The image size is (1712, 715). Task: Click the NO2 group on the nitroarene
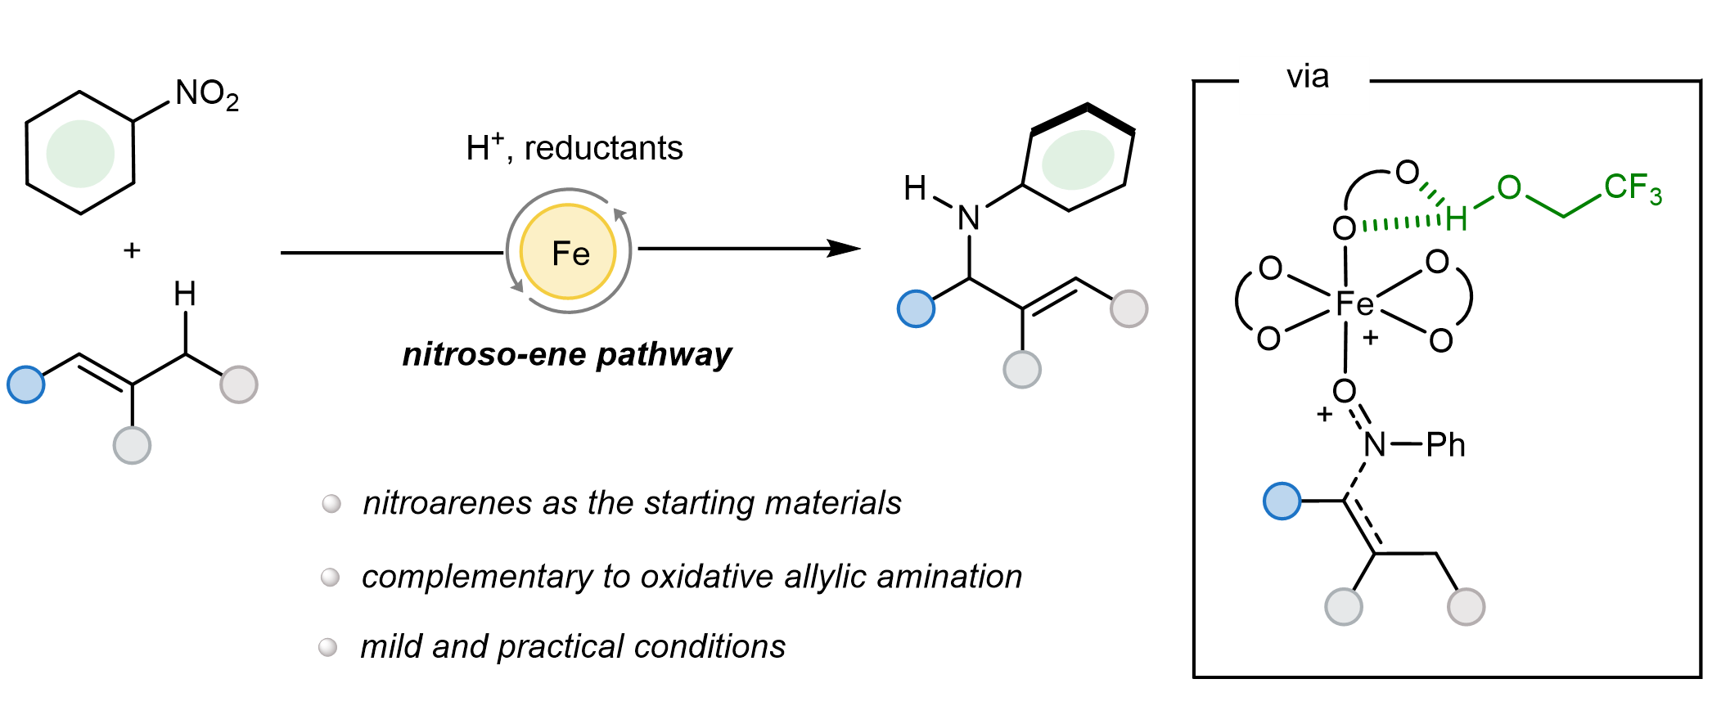point(206,95)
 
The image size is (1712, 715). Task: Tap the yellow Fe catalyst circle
point(569,252)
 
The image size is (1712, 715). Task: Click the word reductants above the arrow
point(603,149)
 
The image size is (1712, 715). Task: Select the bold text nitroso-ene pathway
point(567,355)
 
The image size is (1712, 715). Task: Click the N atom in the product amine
point(969,218)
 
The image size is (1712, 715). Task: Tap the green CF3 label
point(1632,188)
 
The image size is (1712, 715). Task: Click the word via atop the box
point(1307,77)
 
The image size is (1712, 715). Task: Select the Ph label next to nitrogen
point(1445,445)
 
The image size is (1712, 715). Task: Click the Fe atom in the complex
point(1354,304)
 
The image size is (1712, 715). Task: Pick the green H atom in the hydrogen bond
point(1456,218)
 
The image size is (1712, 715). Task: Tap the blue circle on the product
point(916,308)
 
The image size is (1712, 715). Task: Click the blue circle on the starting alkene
point(26,384)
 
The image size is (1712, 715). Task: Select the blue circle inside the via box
point(1282,501)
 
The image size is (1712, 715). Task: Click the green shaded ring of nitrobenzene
point(80,153)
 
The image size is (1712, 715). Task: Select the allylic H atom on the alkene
point(185,294)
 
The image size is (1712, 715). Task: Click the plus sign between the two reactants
point(132,250)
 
